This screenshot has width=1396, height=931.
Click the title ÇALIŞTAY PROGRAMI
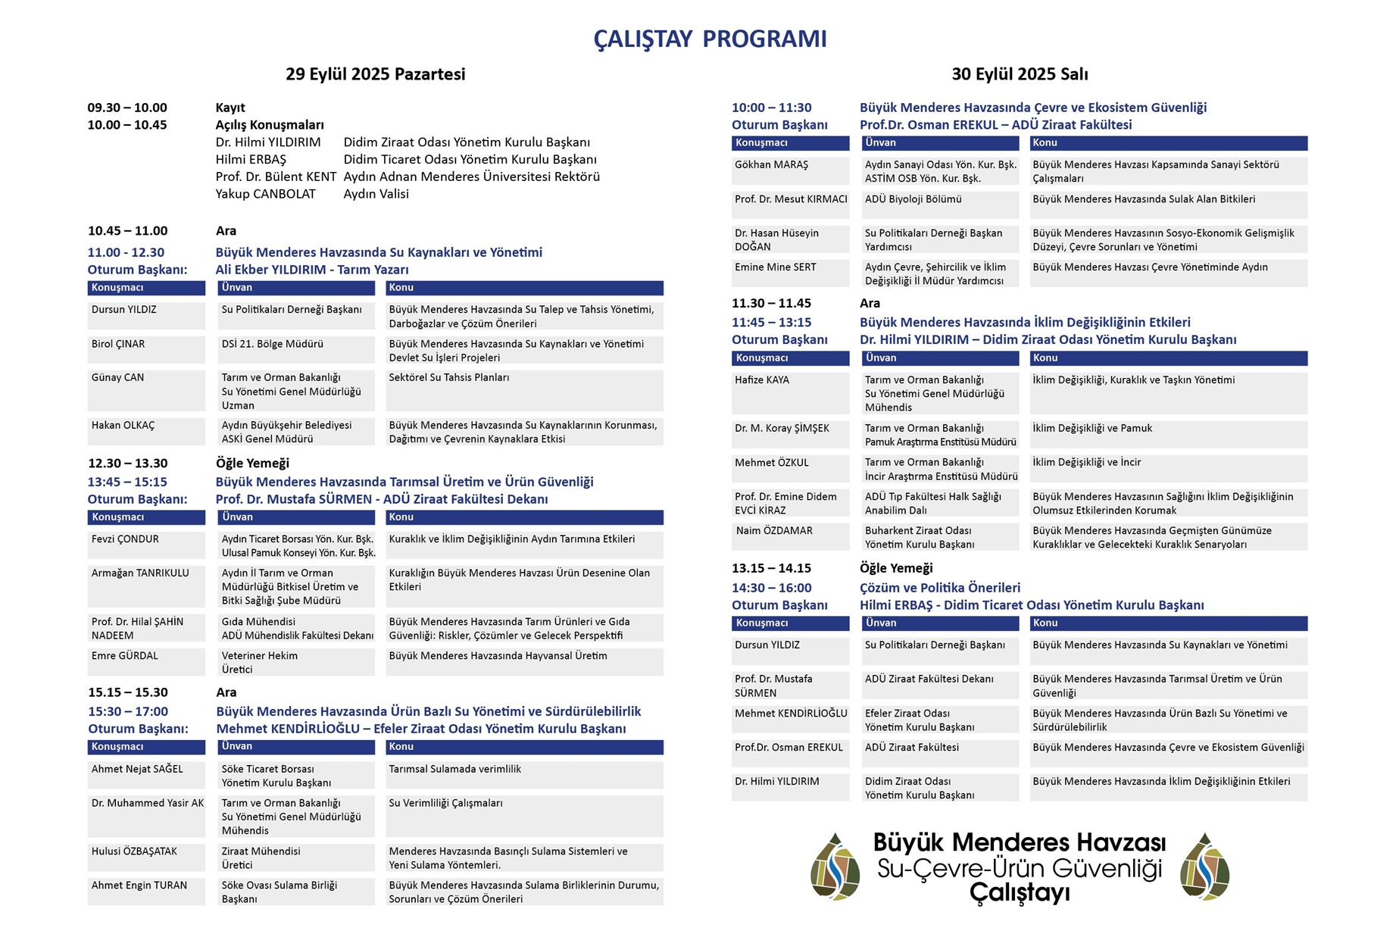pyautogui.click(x=709, y=39)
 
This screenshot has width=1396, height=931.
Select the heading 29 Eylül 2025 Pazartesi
pyautogui.click(x=375, y=74)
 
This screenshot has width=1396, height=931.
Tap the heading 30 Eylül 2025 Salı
pyautogui.click(x=1020, y=74)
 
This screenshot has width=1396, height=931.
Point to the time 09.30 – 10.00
pyautogui.click(x=127, y=108)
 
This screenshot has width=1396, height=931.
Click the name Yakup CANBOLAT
pyautogui.click(x=265, y=194)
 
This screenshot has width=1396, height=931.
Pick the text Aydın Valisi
pyautogui.click(x=376, y=194)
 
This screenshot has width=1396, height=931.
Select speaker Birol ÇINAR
pyautogui.click(x=118, y=344)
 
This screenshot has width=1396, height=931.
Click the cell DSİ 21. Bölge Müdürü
pyautogui.click(x=272, y=344)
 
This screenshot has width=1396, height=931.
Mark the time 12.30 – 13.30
pyautogui.click(x=127, y=463)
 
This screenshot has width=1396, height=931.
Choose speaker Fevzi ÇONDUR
pyautogui.click(x=125, y=539)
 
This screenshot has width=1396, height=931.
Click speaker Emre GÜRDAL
pyautogui.click(x=125, y=656)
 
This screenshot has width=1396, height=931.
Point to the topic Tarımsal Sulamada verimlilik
pyautogui.click(x=454, y=769)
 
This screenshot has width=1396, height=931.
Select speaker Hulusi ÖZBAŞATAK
pyautogui.click(x=134, y=851)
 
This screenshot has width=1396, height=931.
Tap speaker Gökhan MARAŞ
pyautogui.click(x=771, y=164)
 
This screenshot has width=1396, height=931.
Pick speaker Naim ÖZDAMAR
pyautogui.click(x=774, y=531)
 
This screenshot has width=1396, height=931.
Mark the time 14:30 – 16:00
pyautogui.click(x=771, y=588)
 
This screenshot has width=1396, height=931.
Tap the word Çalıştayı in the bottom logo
pyautogui.click(x=1020, y=893)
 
